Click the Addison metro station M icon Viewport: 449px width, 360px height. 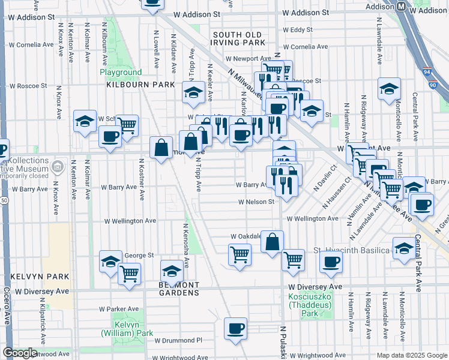(x=401, y=6)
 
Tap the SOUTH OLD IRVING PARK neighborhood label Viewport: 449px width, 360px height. (x=238, y=38)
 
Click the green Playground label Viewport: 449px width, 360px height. (x=121, y=72)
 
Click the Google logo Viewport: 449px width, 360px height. (x=20, y=353)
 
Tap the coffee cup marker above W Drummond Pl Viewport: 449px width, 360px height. (x=236, y=328)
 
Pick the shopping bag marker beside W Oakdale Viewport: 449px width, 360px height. (x=272, y=242)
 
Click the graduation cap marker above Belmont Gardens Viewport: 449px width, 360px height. (x=172, y=270)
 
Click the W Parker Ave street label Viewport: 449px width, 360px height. (x=119, y=309)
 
